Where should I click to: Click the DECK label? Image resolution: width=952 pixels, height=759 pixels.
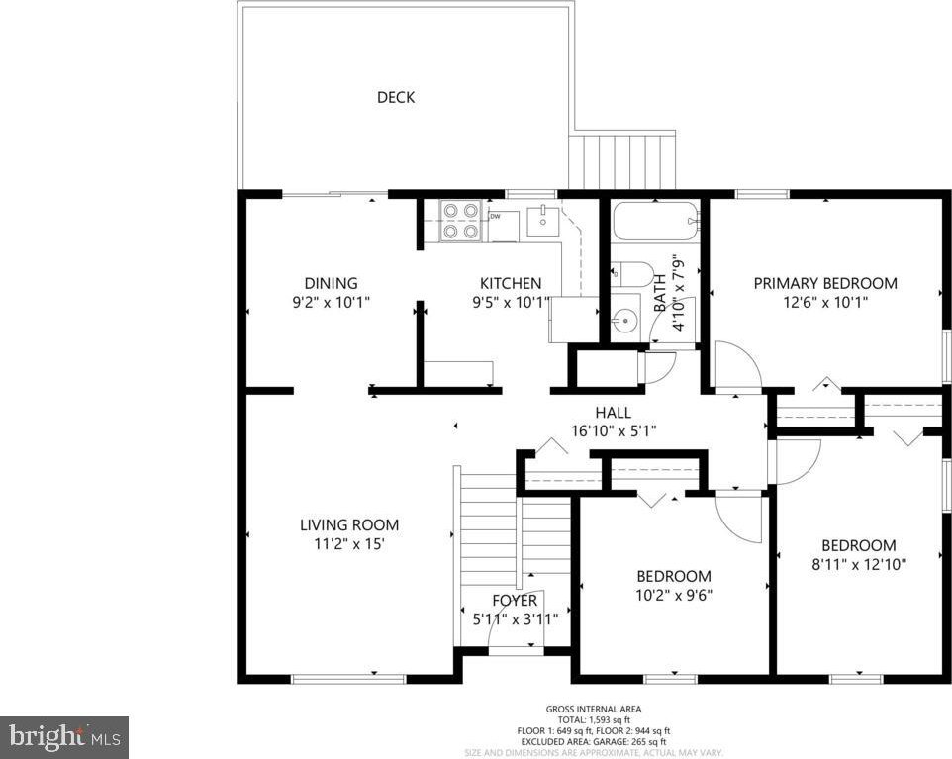[x=396, y=97]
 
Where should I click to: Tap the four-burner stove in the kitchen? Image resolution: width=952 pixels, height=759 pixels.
[x=461, y=221]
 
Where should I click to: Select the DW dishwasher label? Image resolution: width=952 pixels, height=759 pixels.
[x=495, y=216]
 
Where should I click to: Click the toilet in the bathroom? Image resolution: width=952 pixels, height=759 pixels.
[x=630, y=274]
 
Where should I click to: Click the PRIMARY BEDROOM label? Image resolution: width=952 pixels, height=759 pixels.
[x=825, y=283]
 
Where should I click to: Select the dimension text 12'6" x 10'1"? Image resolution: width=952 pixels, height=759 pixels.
[x=825, y=302]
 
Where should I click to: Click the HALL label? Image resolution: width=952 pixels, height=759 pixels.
[x=613, y=413]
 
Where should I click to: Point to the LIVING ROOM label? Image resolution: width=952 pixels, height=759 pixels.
[x=349, y=524]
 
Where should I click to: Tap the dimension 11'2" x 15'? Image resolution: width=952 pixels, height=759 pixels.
[x=349, y=543]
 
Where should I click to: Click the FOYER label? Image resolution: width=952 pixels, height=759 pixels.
[x=515, y=601]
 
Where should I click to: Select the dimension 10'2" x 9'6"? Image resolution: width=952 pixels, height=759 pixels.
[x=673, y=595]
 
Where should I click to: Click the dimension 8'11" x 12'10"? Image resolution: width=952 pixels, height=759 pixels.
[x=859, y=564]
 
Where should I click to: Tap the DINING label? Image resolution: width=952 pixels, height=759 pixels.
[x=331, y=283]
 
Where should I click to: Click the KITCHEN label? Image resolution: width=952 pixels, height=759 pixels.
[x=511, y=283]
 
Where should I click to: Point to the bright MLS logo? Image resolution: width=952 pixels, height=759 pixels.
[x=64, y=738]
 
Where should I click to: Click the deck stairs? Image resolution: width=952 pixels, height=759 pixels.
[x=622, y=162]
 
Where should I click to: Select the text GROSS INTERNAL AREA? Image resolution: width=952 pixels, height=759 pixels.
[x=593, y=709]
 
